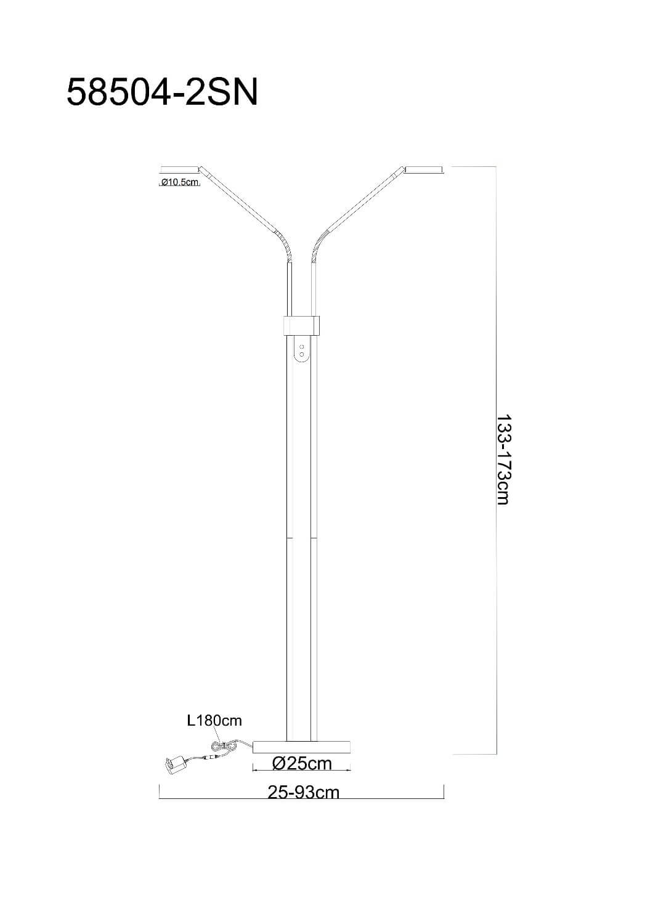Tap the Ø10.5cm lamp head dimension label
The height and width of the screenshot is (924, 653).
tap(180, 182)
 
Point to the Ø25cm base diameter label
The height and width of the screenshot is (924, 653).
tap(302, 763)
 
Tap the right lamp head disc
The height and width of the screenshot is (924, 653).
tap(424, 169)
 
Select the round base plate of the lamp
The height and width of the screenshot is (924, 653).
tap(301, 746)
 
